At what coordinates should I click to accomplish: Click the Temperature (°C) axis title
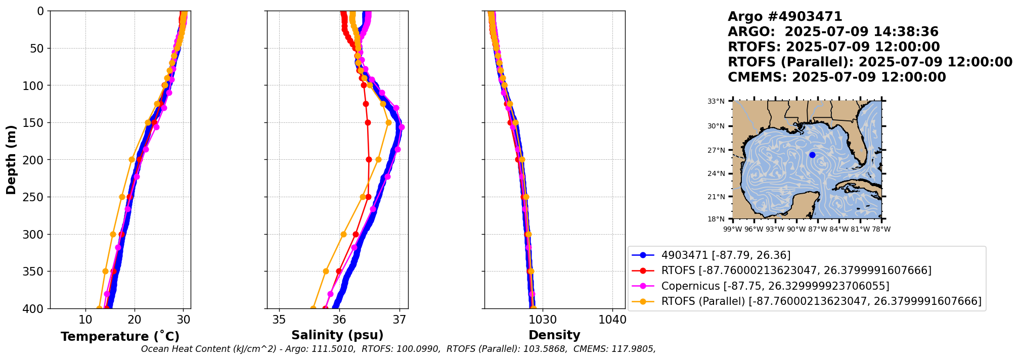coord(120,337)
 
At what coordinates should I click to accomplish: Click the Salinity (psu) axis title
coord(337,335)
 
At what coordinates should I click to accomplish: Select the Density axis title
coord(554,335)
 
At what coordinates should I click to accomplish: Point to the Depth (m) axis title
coord(11,160)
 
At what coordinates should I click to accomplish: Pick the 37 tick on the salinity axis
coord(400,320)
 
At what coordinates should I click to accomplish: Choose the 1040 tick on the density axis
coord(612,320)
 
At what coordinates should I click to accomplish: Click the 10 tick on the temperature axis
coord(85,320)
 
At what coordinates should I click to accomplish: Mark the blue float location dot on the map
coord(812,155)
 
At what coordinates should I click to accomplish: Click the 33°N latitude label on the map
coord(716,101)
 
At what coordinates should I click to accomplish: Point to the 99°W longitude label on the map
coord(733,229)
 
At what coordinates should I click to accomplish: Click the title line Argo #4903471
coord(785,17)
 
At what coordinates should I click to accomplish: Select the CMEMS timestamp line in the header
coord(836,77)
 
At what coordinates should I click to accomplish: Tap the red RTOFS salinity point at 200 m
coord(369,160)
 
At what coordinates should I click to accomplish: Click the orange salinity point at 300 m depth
coord(343,234)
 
